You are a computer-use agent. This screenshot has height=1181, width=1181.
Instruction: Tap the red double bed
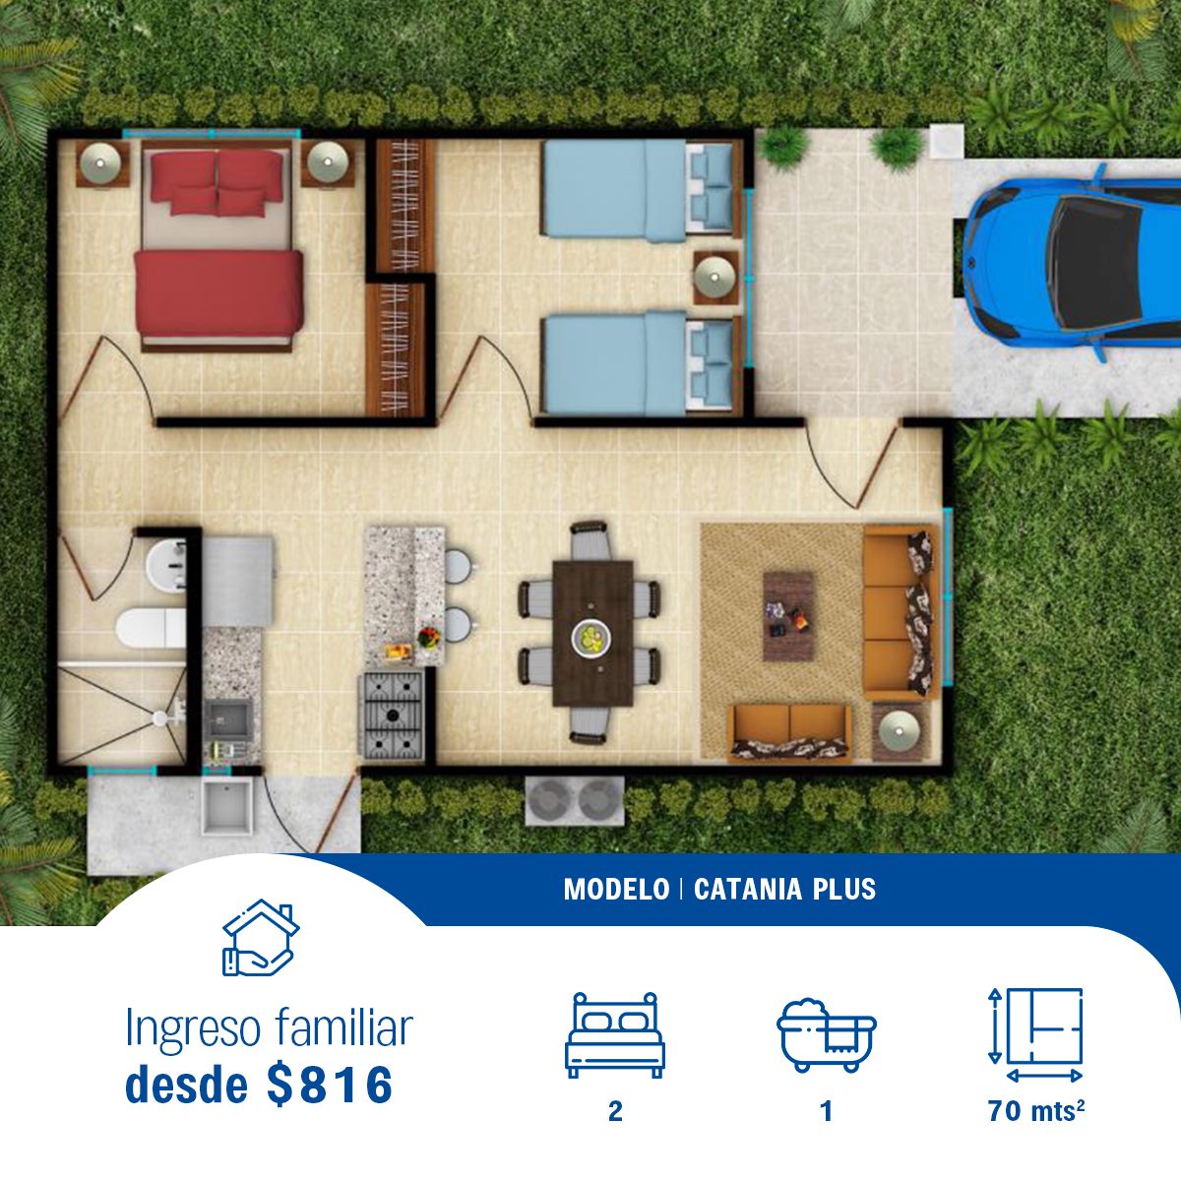click(x=218, y=245)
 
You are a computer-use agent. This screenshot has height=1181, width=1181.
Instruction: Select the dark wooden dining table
click(x=592, y=633)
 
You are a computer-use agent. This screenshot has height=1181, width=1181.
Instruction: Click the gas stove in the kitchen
click(x=392, y=715)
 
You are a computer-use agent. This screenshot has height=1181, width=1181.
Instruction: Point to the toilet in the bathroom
click(x=151, y=627)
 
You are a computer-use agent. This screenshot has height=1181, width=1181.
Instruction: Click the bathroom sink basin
click(x=165, y=566)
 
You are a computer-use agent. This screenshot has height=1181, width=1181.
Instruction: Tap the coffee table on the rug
click(x=788, y=616)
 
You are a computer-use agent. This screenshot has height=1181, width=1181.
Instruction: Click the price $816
click(x=329, y=1086)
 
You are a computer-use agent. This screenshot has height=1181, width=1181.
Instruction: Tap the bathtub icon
click(x=826, y=1035)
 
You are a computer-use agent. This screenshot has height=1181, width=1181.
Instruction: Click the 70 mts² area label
click(x=1036, y=1111)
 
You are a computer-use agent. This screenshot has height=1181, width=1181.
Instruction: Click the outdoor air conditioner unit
click(x=575, y=800)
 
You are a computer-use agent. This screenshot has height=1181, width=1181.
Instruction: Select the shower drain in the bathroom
click(x=160, y=717)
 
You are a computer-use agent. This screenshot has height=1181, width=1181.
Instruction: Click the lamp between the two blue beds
click(x=715, y=277)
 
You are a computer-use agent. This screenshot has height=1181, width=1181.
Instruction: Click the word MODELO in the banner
click(x=616, y=890)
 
